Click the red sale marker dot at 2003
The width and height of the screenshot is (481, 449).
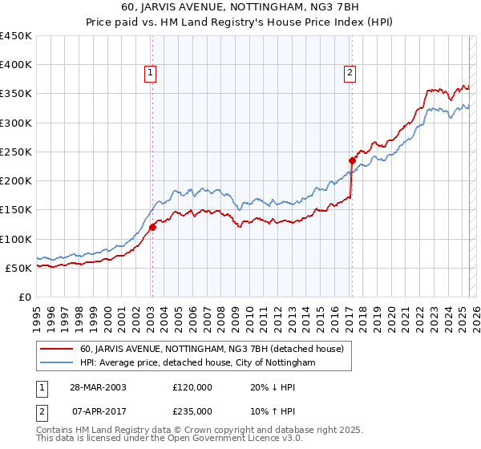[152, 227]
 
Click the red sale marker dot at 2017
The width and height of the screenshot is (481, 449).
[351, 160]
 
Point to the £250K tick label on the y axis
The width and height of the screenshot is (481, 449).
[16, 152]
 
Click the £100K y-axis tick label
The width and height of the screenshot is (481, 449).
[16, 239]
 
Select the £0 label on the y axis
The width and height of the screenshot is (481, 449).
[25, 297]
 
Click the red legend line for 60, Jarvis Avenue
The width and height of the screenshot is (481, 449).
[57, 349]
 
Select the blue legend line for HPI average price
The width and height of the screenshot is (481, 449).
[57, 363]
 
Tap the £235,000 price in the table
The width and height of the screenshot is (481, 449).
[192, 411]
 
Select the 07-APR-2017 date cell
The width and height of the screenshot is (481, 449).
[99, 411]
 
